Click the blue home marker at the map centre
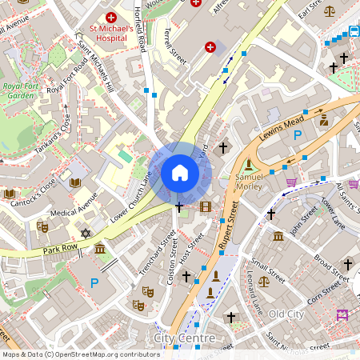click(180, 172)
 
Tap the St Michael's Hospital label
click(111, 36)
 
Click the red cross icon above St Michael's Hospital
click(111, 17)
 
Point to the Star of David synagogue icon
click(86, 234)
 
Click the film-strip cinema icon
click(206, 208)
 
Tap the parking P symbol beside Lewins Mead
click(298, 137)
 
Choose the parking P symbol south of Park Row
click(94, 282)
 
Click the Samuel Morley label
click(249, 182)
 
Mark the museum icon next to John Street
click(278, 237)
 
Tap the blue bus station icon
click(354, 33)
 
